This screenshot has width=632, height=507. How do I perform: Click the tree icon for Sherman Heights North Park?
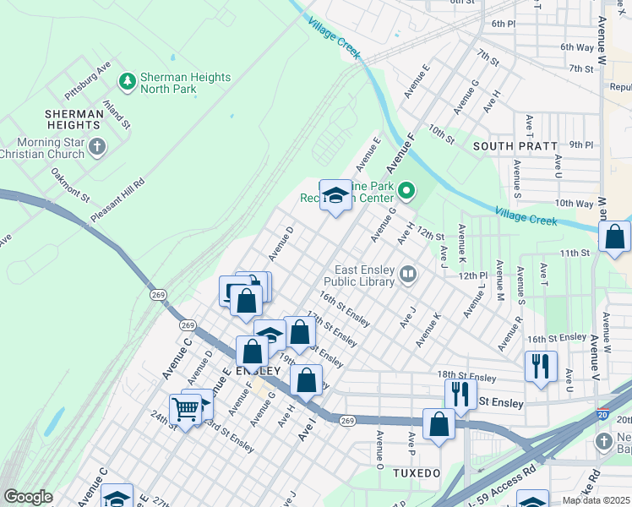coord(128,81)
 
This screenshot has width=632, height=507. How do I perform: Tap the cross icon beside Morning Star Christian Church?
coord(97,147)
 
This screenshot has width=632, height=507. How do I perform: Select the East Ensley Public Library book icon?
coord(409,274)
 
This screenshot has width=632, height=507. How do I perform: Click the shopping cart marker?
coord(185,410)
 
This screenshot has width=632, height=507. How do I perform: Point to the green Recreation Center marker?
coord(406,190)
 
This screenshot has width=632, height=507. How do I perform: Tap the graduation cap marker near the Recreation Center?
coord(335,196)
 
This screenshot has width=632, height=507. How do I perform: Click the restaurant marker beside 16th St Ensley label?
coord(540,367)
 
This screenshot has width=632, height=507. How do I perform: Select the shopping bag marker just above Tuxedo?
coord(439,425)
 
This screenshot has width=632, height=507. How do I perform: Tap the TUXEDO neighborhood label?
coord(417,472)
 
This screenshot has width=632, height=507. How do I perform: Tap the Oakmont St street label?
coord(69,184)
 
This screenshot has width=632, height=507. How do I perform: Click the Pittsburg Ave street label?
coord(92,75)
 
